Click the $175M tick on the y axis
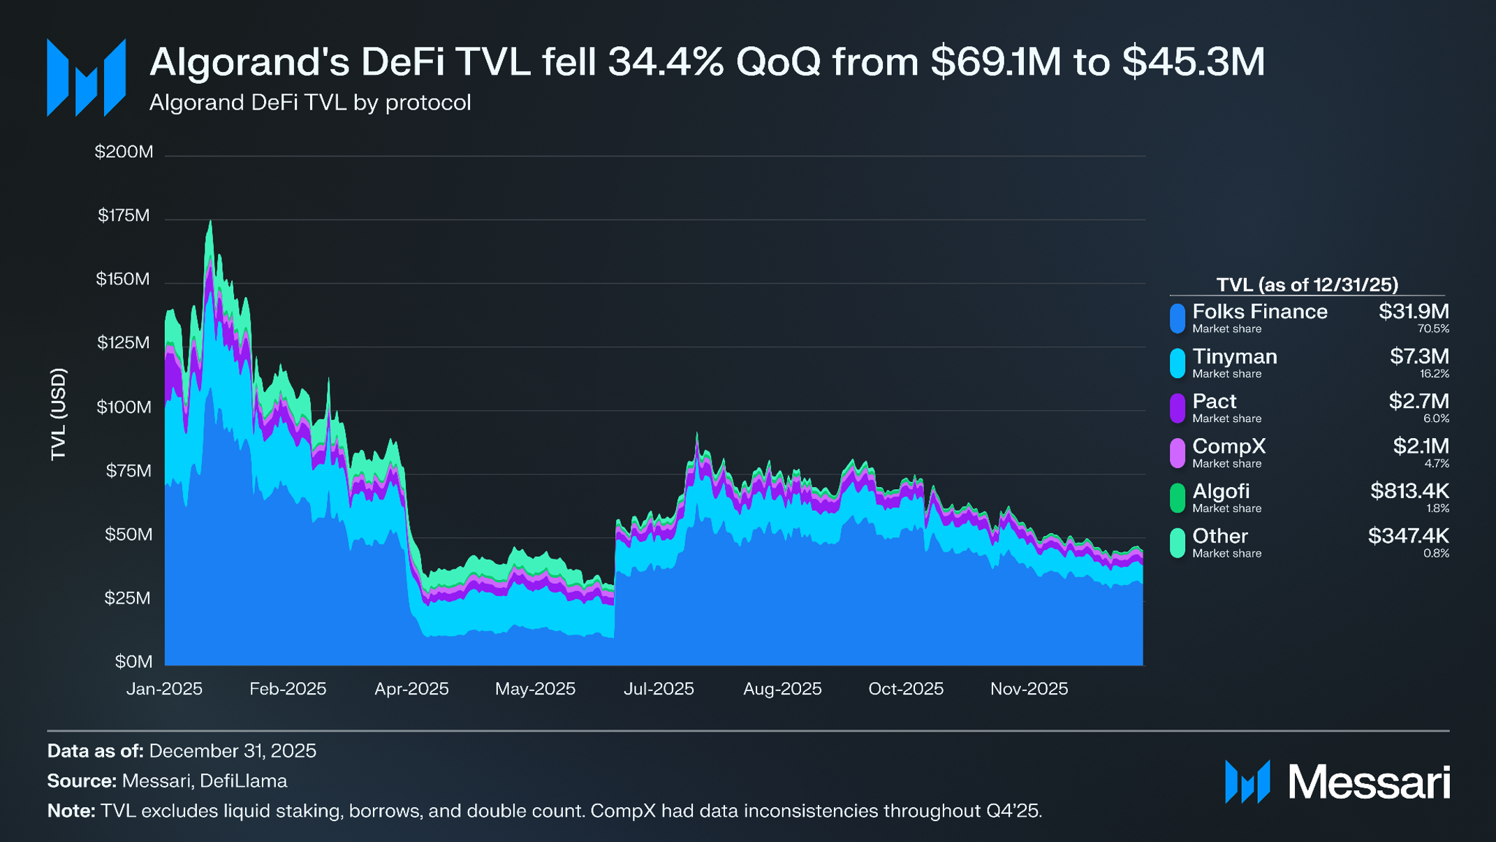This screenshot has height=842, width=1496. tap(124, 215)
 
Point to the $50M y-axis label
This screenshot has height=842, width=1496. tap(128, 535)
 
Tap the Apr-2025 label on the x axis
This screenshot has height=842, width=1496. tap(411, 689)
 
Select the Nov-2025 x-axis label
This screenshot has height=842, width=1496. tap(1029, 689)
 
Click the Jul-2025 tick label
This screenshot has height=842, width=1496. tap(659, 689)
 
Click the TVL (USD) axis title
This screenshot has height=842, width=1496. tap(59, 414)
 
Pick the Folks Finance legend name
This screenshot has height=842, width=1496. tap(1259, 312)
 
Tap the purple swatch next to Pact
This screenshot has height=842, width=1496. tap(1178, 408)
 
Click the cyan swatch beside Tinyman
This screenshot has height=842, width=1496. tap(1178, 363)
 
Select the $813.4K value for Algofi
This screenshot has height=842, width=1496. tap(1409, 491)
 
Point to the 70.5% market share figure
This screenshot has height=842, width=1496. tap(1432, 329)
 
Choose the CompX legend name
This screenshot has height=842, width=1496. tap(1229, 447)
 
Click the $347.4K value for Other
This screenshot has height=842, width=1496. tap(1407, 536)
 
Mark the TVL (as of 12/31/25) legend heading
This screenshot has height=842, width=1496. tap(1307, 285)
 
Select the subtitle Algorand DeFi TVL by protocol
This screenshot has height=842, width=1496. tap(310, 103)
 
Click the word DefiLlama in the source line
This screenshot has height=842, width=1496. tap(243, 781)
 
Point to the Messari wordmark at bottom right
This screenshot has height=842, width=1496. tap(1368, 782)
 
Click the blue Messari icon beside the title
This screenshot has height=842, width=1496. tap(86, 78)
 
